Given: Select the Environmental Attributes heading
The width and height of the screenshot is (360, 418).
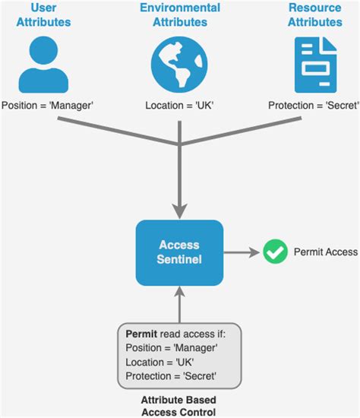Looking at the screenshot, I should point(180,15).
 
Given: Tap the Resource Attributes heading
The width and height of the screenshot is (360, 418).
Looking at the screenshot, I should point(315,15).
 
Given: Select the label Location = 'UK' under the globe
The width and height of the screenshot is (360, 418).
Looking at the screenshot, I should point(180,106).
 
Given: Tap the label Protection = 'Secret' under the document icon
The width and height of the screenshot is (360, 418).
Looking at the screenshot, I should point(313,106).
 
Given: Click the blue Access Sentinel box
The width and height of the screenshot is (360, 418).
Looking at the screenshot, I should point(179,252).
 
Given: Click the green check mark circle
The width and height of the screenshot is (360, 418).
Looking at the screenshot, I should point(274,252).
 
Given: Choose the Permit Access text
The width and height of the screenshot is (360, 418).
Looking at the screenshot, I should point(325,252).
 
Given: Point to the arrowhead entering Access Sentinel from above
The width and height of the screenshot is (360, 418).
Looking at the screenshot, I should point(179,210).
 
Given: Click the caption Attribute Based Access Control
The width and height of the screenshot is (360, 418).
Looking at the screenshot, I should point(179,405).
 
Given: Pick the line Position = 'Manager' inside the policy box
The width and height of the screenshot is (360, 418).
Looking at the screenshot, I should point(172,348).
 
